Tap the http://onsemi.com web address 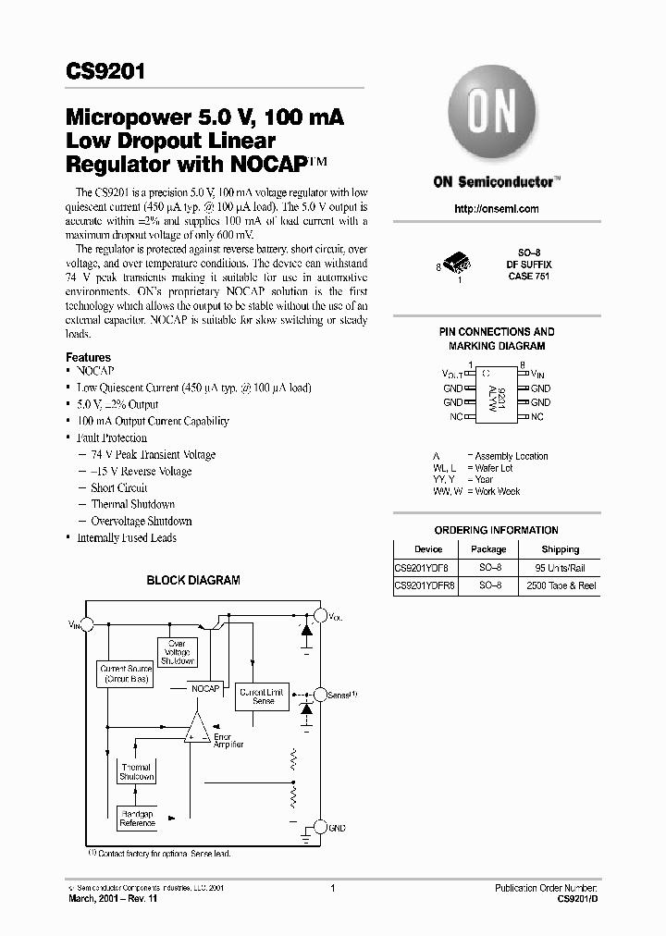(496, 209)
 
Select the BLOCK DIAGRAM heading (194, 581)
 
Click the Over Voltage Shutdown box (177, 652)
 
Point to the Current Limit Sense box (263, 696)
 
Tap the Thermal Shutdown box (136, 772)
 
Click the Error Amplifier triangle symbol (196, 729)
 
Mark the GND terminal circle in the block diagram (320, 828)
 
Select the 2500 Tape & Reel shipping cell (561, 586)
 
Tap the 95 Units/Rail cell (561, 568)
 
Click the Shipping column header (561, 549)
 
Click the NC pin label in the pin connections (455, 417)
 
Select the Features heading (88, 357)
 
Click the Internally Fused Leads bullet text (127, 538)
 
